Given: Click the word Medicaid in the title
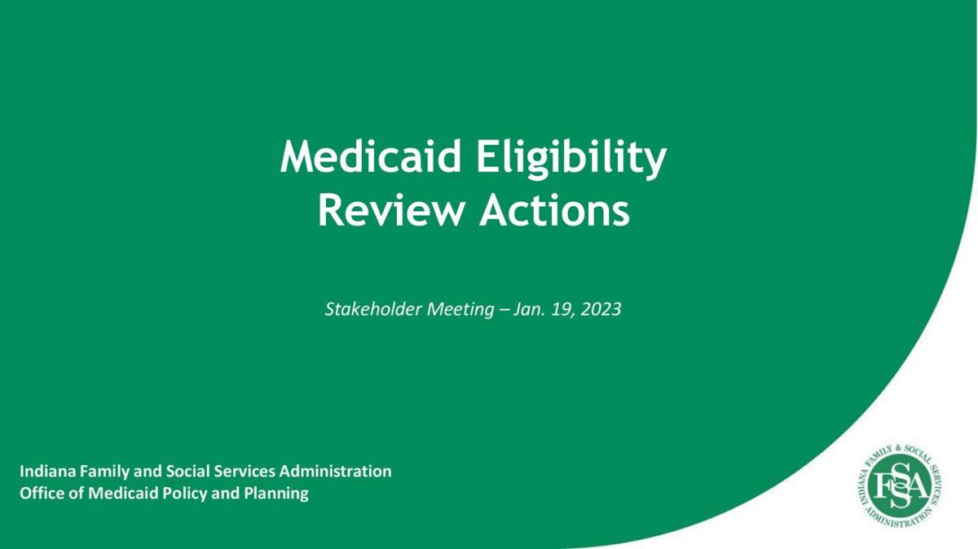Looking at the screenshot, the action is coord(371,156).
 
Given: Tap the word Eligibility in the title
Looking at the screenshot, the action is coord(571,158).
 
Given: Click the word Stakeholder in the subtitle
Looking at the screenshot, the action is coord(373,309).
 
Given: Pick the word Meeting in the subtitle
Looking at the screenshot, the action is coord(460,310).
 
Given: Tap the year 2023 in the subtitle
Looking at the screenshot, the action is coord(601,310).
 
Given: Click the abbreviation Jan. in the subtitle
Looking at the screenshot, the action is coord(529,310).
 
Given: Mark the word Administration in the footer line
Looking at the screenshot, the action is coord(335,472).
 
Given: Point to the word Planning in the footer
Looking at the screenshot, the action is coord(276,494).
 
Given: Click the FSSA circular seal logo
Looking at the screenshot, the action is coord(900,485).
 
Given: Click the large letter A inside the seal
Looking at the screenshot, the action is coord(918,486).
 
